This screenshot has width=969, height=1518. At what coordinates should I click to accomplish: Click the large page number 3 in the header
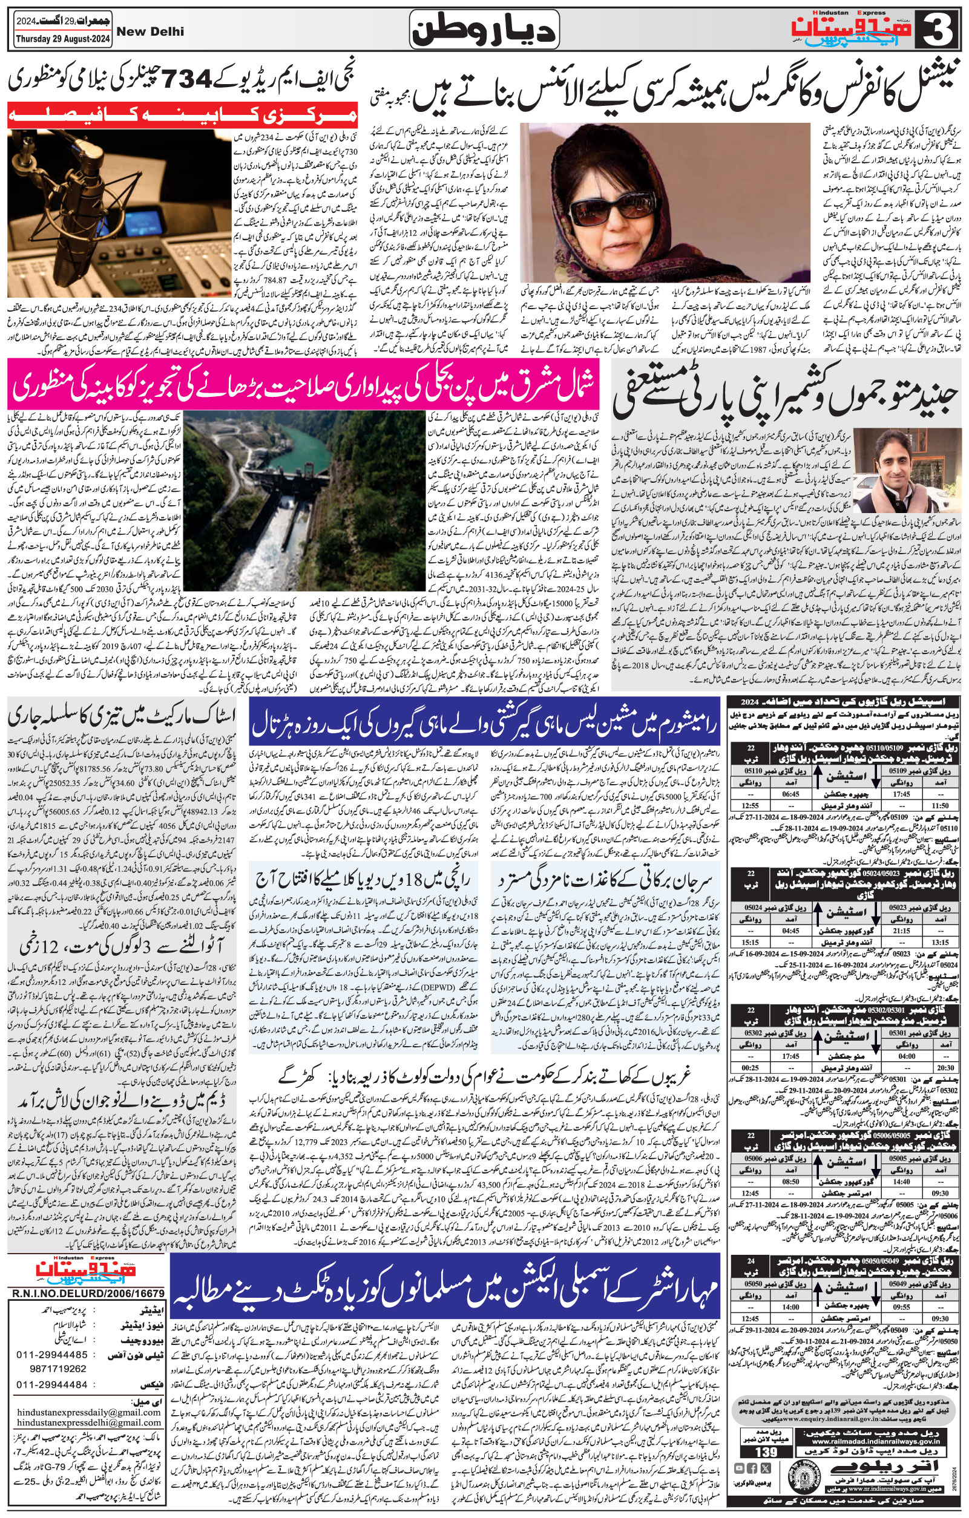(x=942, y=30)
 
